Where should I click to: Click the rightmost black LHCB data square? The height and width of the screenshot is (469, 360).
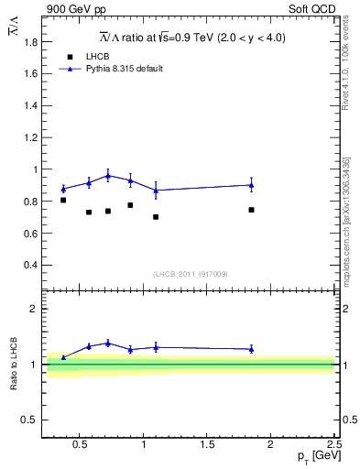pyautogui.click(x=251, y=210)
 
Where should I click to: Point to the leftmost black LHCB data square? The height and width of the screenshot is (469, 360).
pyautogui.click(x=63, y=200)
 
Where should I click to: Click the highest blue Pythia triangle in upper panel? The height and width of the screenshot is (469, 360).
pyautogui.click(x=108, y=175)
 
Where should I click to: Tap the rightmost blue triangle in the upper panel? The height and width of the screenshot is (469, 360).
pyautogui.click(x=251, y=185)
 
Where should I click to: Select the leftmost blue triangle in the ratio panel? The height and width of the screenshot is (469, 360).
pyautogui.click(x=63, y=357)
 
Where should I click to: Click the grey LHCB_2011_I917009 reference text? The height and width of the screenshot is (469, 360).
pyautogui.click(x=191, y=274)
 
